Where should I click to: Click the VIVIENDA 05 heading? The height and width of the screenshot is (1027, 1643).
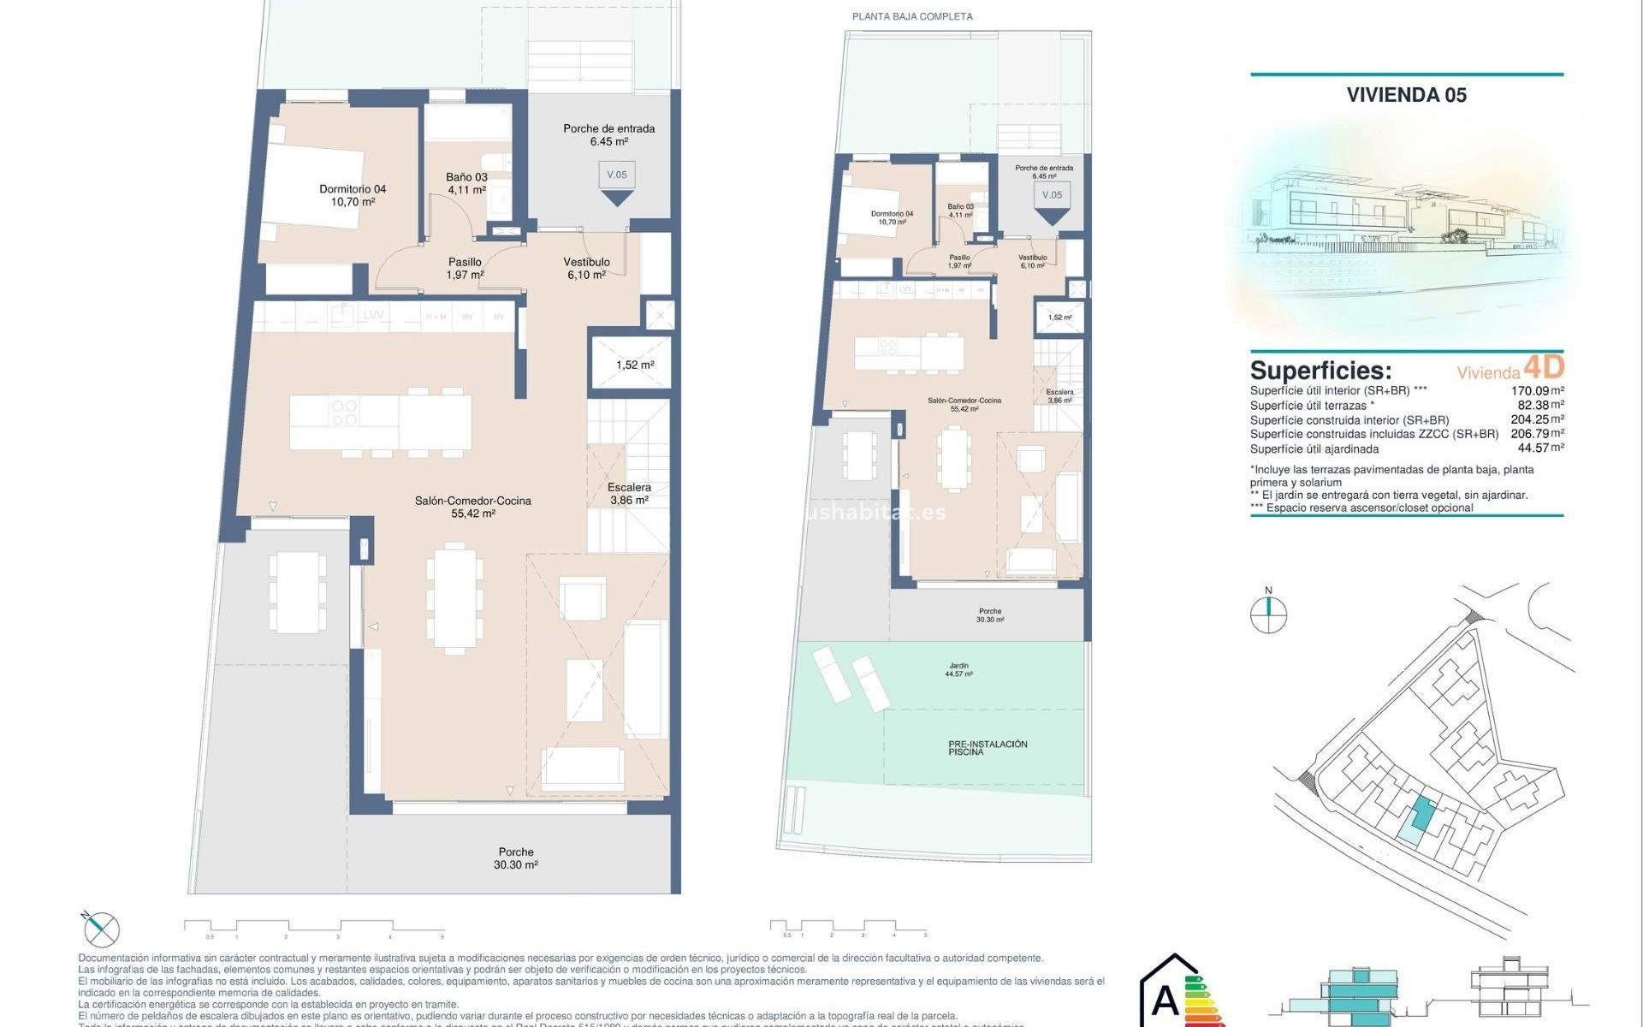point(1406,95)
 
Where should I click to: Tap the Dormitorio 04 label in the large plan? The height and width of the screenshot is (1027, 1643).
point(353,195)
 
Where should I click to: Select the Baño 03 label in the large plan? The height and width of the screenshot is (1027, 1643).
point(466,183)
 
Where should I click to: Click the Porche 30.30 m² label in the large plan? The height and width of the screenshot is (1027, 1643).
point(516,858)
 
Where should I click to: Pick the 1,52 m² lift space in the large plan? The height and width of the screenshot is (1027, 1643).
point(634,365)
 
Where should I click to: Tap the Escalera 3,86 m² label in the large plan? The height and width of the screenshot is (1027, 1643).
point(629,494)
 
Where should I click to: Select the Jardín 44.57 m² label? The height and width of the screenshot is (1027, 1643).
point(958,669)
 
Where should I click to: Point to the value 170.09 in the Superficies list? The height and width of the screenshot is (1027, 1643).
point(1530,391)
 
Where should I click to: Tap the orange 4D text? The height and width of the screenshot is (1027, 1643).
point(1545,367)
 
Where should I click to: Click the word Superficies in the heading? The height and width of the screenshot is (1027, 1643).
point(1320,371)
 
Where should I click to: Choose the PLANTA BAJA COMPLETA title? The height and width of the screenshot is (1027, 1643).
point(912,16)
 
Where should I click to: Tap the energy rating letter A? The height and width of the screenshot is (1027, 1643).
point(1165,1000)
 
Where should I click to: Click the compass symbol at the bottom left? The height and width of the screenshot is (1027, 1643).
point(102,929)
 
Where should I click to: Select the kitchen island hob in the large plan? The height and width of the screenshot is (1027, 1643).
point(344,413)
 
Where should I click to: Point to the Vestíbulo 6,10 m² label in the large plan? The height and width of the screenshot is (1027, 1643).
point(586,269)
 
